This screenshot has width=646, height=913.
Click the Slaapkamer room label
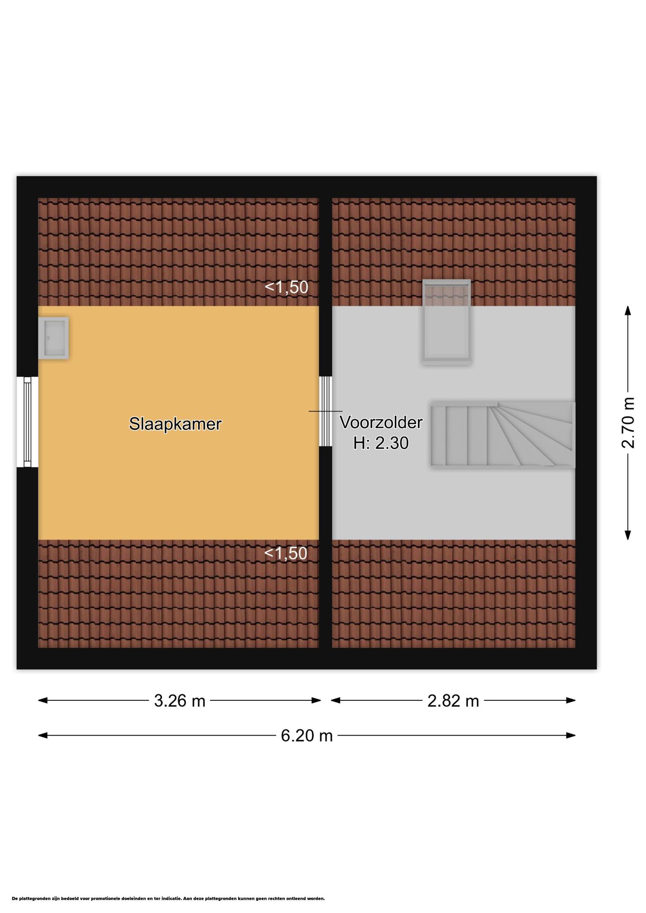point(175,424)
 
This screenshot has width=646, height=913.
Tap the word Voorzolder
point(381,422)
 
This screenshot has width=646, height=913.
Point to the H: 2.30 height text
point(381,443)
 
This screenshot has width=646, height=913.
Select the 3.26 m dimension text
point(179,701)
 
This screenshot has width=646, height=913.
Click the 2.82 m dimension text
point(453,701)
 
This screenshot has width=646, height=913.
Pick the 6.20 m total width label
point(307,736)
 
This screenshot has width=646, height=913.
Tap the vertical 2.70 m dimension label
point(628,423)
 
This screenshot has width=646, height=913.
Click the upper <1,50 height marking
point(286,288)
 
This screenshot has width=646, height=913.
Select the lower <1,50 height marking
point(286,553)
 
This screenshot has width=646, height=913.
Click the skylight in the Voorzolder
point(447,322)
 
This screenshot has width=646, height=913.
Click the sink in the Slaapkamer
point(54,338)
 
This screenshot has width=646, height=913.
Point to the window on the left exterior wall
point(27,422)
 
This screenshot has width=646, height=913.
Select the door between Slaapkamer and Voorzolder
point(326,411)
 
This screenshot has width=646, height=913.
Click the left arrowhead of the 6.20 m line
point(42,736)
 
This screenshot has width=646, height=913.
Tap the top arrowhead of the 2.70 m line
point(628,310)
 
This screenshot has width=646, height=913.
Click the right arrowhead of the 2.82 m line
point(571,700)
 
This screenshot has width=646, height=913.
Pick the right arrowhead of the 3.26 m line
point(316,700)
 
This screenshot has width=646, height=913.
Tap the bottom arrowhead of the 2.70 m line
point(628,535)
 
